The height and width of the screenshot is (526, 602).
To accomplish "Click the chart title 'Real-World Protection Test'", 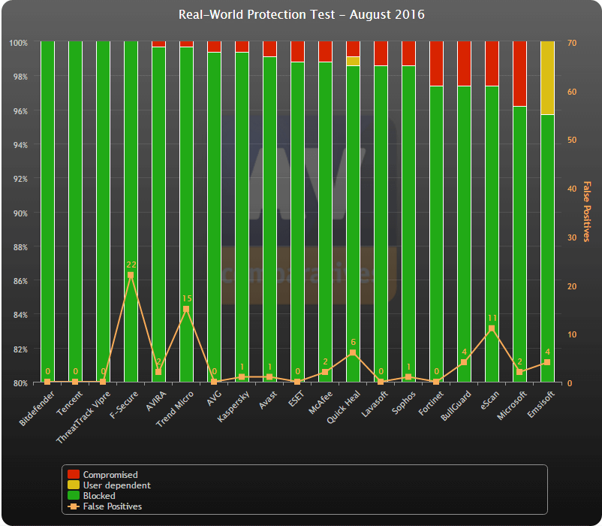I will (301, 15).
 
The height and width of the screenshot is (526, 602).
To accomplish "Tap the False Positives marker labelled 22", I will (131, 275).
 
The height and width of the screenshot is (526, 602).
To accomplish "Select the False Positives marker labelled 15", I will (186, 309).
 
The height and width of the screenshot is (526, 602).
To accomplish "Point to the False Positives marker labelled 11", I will (492, 328).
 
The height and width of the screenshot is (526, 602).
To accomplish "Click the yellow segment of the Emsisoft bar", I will (547, 78).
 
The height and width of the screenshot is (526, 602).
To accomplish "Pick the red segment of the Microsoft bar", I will (519, 74).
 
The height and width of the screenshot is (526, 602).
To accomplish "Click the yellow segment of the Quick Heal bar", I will (353, 61).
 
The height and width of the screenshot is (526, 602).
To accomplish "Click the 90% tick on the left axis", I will (18, 213).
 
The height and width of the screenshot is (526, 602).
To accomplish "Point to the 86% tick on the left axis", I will (18, 281).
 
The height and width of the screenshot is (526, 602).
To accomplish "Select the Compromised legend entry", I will (110, 475).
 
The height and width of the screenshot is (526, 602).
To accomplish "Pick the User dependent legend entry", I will (116, 485).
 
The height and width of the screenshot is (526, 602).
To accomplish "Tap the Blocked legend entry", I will (99, 496).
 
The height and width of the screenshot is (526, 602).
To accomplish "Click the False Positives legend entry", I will (112, 506).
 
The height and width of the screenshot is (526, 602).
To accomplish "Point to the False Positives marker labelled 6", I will (353, 352).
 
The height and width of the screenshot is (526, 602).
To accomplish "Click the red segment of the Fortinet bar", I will (436, 64).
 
